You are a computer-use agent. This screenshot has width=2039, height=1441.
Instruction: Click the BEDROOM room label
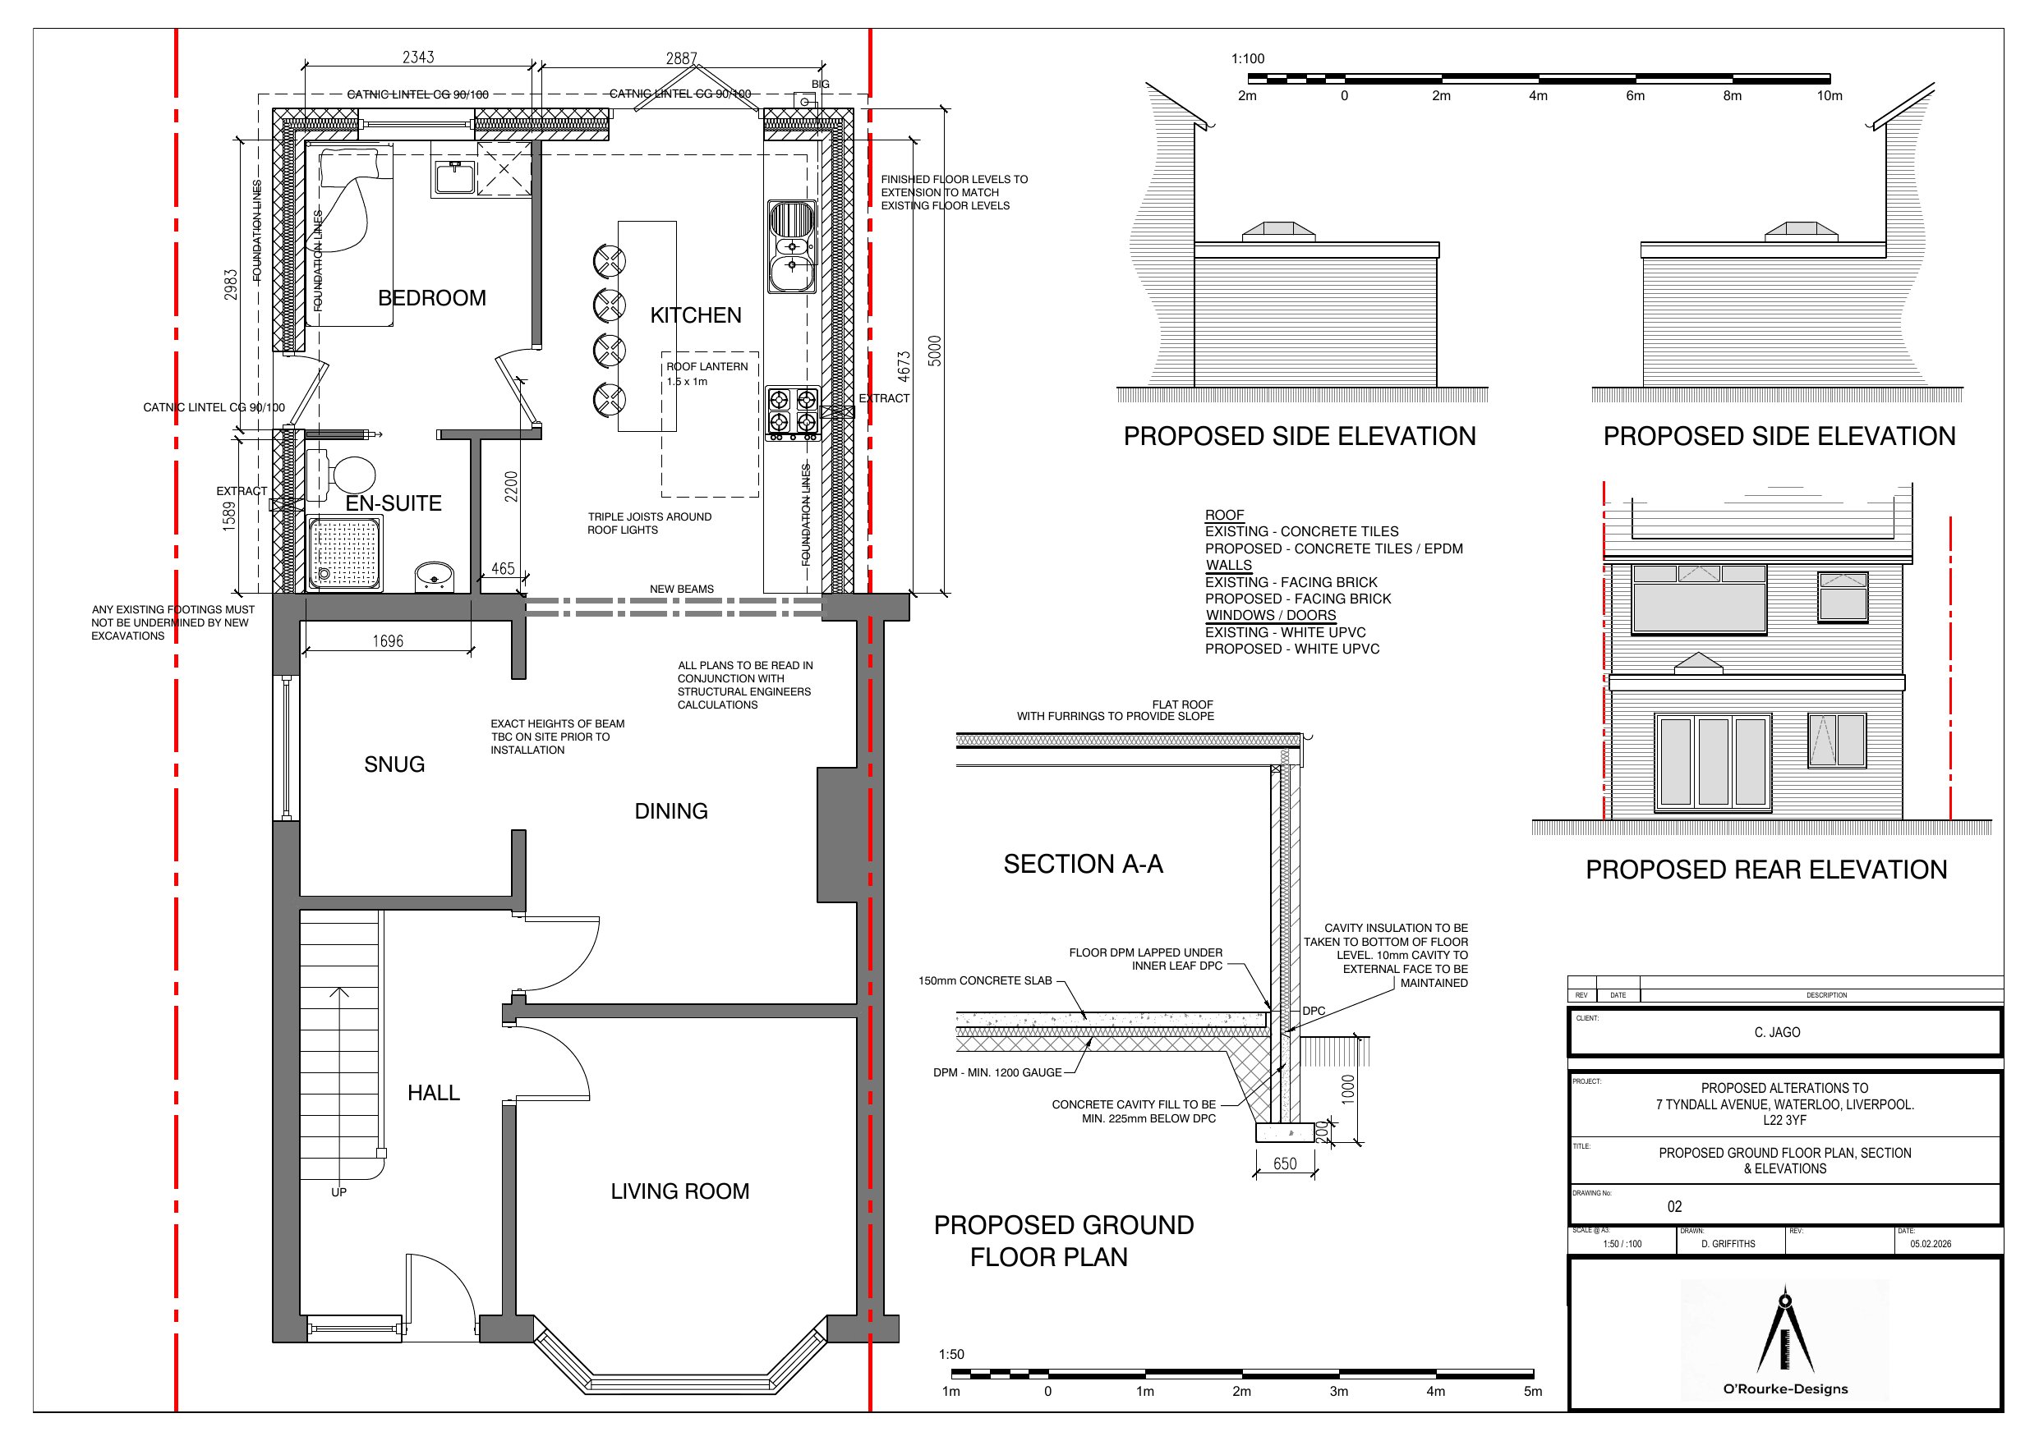pos(431,298)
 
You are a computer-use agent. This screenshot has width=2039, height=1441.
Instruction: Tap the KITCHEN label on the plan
pos(695,315)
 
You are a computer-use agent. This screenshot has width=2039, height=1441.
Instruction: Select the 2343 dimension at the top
pos(418,57)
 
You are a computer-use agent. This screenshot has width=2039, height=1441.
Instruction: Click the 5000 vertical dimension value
pos(934,351)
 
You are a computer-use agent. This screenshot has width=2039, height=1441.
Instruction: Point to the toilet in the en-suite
pos(344,472)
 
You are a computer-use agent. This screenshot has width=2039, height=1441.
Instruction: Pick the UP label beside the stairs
pos(338,1192)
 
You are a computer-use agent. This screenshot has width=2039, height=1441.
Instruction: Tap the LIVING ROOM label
pos(679,1191)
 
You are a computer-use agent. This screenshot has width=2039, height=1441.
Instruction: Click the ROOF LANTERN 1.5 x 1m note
pos(707,374)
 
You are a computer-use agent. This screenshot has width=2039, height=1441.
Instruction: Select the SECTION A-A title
pos(1083,864)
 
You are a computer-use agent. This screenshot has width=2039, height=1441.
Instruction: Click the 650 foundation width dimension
pos(1284,1164)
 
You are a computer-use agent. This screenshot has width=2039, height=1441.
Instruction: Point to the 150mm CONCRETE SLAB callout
pos(984,981)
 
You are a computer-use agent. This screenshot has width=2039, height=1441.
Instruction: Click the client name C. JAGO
pos(1777,1033)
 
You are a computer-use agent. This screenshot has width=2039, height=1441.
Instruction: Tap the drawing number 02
pos(1674,1207)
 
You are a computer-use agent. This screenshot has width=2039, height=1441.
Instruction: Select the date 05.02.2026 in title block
pos(1930,1244)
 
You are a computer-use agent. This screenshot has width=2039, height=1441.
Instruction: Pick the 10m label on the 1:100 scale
pos(1829,96)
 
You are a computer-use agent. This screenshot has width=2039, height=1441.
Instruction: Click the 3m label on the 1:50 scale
pos(1338,1391)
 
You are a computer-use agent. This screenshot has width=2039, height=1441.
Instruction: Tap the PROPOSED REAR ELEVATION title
pos(1765,870)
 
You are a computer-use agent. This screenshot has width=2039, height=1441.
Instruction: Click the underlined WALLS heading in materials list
pos(1228,566)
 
